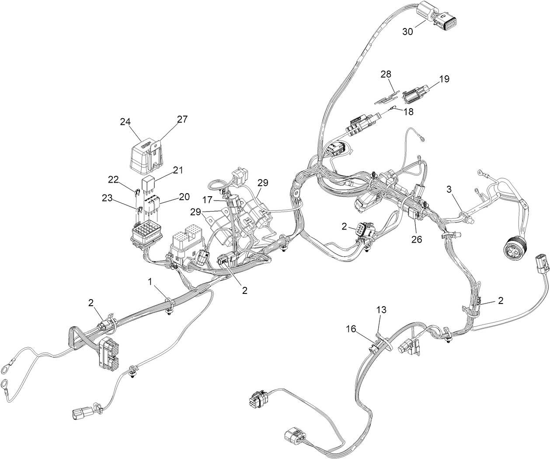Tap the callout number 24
126,122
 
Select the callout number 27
182,119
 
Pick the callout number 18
408,112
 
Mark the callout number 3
449,189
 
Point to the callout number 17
207,199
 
